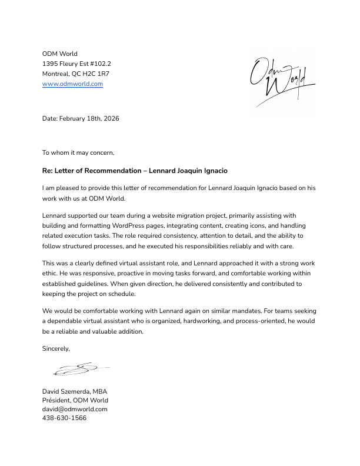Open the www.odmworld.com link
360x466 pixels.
(x=72, y=84)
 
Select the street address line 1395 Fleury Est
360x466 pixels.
(x=76, y=64)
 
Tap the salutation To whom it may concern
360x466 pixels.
(x=78, y=152)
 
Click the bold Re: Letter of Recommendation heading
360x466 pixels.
(x=135, y=171)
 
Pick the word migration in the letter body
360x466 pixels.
(x=205, y=216)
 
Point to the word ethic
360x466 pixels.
(x=52, y=274)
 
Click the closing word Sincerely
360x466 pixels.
(x=56, y=348)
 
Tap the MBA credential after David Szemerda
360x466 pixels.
(x=99, y=391)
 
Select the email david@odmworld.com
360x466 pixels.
(x=75, y=409)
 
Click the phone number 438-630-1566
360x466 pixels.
(x=64, y=418)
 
